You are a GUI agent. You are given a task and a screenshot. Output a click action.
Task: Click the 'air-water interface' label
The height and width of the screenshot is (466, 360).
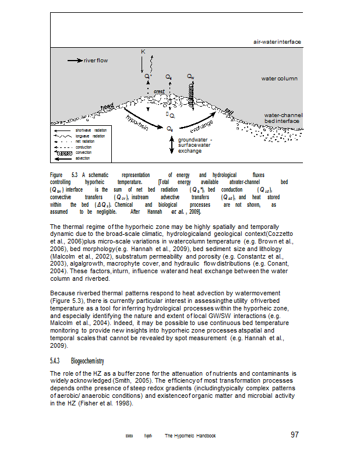277,42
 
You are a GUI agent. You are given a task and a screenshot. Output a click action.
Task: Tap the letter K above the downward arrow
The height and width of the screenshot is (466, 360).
143,52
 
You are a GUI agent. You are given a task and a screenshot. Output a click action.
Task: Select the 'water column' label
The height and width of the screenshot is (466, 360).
279,78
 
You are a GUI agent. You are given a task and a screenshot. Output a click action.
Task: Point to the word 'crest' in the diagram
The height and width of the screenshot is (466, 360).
159,91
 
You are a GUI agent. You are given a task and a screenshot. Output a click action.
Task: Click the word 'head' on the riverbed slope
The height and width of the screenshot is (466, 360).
107,107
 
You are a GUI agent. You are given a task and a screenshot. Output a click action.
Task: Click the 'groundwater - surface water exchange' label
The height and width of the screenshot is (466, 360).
195,146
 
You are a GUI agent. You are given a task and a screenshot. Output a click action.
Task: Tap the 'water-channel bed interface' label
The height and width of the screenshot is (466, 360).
283,118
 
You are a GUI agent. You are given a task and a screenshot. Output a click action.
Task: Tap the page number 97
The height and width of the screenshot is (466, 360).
295,435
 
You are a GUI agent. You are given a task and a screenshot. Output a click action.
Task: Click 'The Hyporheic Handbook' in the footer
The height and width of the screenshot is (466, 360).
190,436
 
